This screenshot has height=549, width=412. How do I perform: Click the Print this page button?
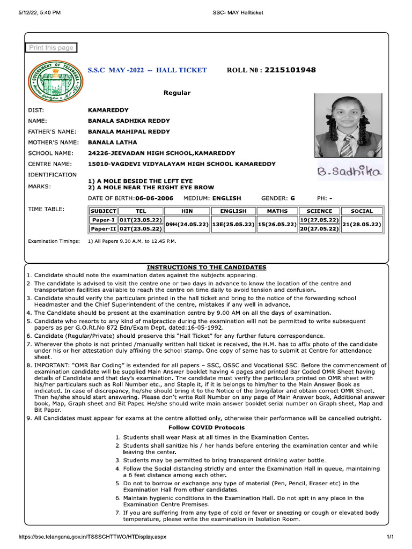tap(51, 48)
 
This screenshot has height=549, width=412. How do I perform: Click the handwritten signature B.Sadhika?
tap(350, 172)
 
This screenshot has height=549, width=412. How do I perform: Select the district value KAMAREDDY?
tap(108, 110)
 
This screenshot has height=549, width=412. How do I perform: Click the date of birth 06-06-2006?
tap(154, 198)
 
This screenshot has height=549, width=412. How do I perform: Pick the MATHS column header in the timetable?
tap(277, 211)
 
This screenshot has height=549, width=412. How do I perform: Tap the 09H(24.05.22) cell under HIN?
tap(187, 224)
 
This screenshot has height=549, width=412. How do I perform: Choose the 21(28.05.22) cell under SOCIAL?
tap(361, 224)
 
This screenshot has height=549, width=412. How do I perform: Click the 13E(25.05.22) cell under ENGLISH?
tap(233, 224)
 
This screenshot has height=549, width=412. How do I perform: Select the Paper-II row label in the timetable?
tap(103, 229)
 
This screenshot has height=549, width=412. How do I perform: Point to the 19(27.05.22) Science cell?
tap(319, 220)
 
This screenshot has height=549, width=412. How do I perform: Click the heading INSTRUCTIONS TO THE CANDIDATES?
tap(207, 267)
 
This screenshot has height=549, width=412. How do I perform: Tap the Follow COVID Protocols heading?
tap(207, 427)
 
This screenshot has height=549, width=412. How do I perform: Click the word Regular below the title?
tap(177, 93)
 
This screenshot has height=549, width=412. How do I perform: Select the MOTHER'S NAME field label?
tap(54, 142)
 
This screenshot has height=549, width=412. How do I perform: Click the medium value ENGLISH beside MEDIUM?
tap(227, 198)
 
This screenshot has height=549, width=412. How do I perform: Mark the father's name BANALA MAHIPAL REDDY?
tap(129, 131)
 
